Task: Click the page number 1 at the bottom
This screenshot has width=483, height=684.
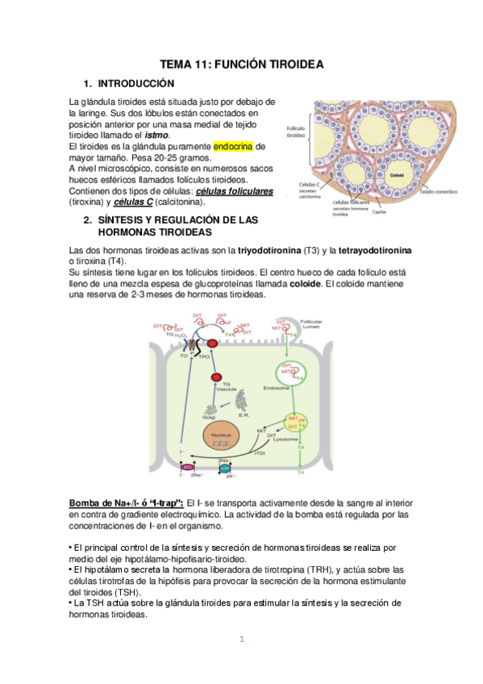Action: pyautogui.click(x=241, y=640)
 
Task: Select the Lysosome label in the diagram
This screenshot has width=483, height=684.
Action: pyautogui.click(x=285, y=440)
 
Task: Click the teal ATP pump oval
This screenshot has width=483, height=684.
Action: pyautogui.click(x=225, y=468)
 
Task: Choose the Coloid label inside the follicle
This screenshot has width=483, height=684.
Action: pyautogui.click(x=397, y=174)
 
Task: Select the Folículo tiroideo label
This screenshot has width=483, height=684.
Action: pyautogui.click(x=297, y=132)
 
